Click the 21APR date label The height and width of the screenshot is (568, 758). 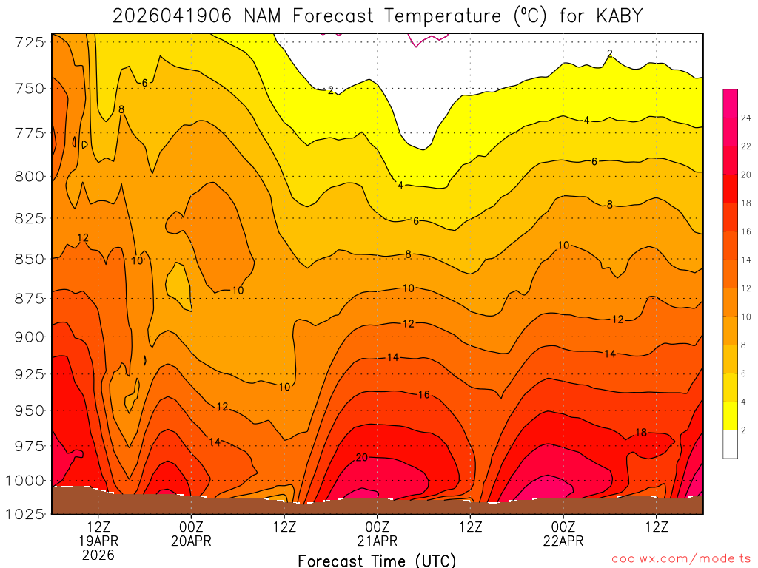coord(378,541)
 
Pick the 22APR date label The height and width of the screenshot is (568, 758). coord(563,541)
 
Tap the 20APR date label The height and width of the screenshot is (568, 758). coord(192,541)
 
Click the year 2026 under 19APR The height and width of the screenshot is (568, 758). coord(98,555)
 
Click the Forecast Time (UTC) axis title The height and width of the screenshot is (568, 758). coord(377,560)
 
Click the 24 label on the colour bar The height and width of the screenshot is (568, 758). coord(746,118)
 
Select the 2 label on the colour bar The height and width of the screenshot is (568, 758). coord(744,430)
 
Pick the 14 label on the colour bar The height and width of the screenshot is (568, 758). coord(746,260)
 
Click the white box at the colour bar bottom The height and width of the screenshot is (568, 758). coord(730,444)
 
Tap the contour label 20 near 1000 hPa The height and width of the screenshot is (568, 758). coord(362,458)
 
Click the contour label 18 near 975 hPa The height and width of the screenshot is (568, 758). coord(642,433)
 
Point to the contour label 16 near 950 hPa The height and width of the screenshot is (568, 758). coord(423,395)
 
